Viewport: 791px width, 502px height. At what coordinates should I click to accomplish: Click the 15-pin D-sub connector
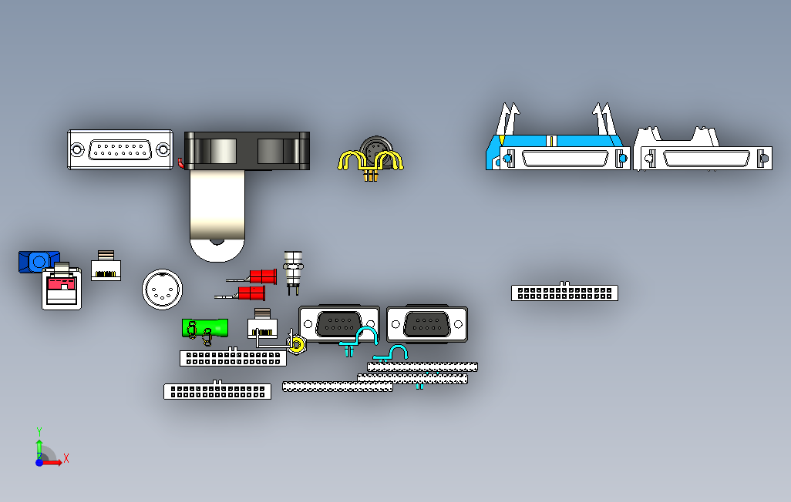click(x=119, y=150)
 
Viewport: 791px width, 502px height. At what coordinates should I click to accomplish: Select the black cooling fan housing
click(x=247, y=150)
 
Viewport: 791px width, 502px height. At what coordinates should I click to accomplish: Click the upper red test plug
click(x=263, y=276)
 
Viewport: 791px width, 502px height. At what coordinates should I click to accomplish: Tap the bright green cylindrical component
click(x=204, y=327)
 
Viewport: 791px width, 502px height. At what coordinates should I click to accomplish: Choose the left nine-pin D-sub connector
click(x=338, y=323)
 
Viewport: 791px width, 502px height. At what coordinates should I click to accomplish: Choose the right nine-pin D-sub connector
click(x=427, y=323)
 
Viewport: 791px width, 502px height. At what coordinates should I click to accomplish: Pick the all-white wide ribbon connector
click(x=702, y=156)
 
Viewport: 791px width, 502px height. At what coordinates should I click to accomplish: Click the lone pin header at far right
click(x=564, y=293)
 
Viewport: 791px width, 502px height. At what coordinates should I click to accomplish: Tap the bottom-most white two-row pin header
click(x=217, y=391)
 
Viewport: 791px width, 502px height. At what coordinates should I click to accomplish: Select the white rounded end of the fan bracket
click(x=217, y=248)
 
